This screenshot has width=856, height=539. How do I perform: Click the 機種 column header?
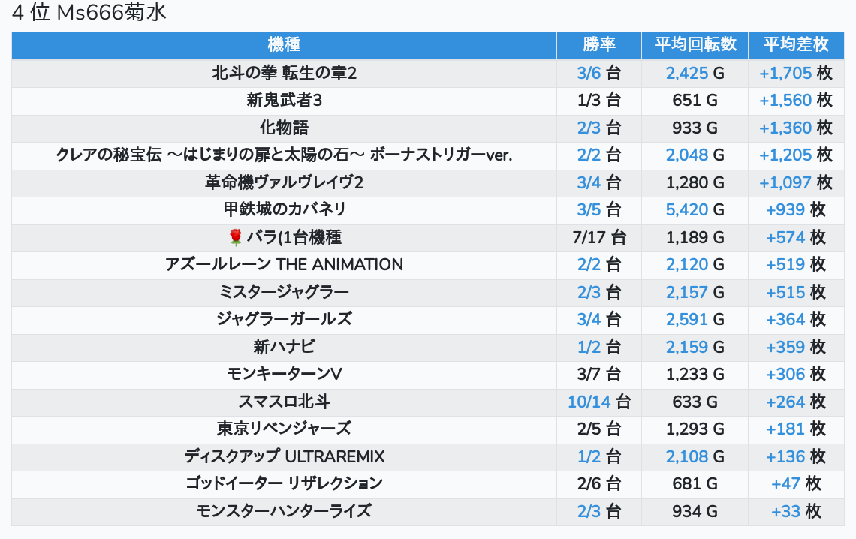point(284,44)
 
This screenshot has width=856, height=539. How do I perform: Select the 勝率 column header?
point(598,44)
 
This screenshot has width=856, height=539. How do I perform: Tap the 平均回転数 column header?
point(695,44)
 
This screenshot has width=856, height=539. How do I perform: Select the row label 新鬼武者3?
point(284,100)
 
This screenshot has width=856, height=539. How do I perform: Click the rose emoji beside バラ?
point(235,238)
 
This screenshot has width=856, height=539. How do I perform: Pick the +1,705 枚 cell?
point(795,73)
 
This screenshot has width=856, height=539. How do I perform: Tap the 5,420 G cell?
point(695,209)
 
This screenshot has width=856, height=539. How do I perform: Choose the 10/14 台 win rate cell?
point(598,402)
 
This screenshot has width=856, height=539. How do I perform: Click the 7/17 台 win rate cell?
point(598,238)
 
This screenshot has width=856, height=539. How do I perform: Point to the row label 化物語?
point(284,128)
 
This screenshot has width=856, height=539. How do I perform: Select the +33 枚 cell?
point(795,511)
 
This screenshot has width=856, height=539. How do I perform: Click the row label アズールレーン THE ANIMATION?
point(284,264)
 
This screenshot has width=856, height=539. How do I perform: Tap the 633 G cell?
point(695,402)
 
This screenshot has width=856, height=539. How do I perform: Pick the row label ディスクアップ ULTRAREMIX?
point(284,456)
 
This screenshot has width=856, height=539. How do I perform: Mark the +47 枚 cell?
point(795,483)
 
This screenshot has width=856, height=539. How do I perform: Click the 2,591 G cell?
point(695,319)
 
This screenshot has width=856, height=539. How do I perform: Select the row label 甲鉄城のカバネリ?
point(284,209)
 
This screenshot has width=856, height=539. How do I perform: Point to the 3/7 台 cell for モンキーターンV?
point(598,374)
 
